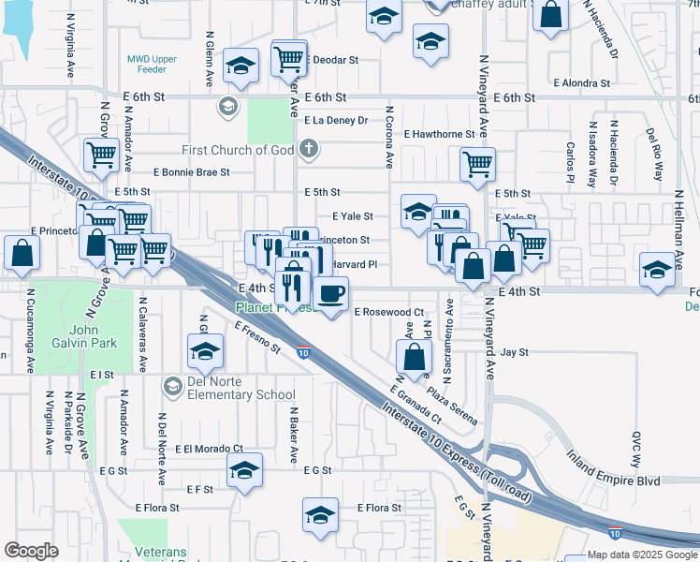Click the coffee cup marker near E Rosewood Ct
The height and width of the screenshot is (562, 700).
(x=329, y=293)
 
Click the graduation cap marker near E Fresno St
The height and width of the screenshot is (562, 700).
(x=205, y=353)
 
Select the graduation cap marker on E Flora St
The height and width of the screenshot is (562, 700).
(x=320, y=514)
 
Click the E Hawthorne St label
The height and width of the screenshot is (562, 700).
(x=440, y=134)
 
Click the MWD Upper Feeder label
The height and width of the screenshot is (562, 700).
(x=152, y=64)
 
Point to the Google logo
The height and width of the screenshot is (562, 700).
(x=31, y=550)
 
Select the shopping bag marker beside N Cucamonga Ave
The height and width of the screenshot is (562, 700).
(x=21, y=250)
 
